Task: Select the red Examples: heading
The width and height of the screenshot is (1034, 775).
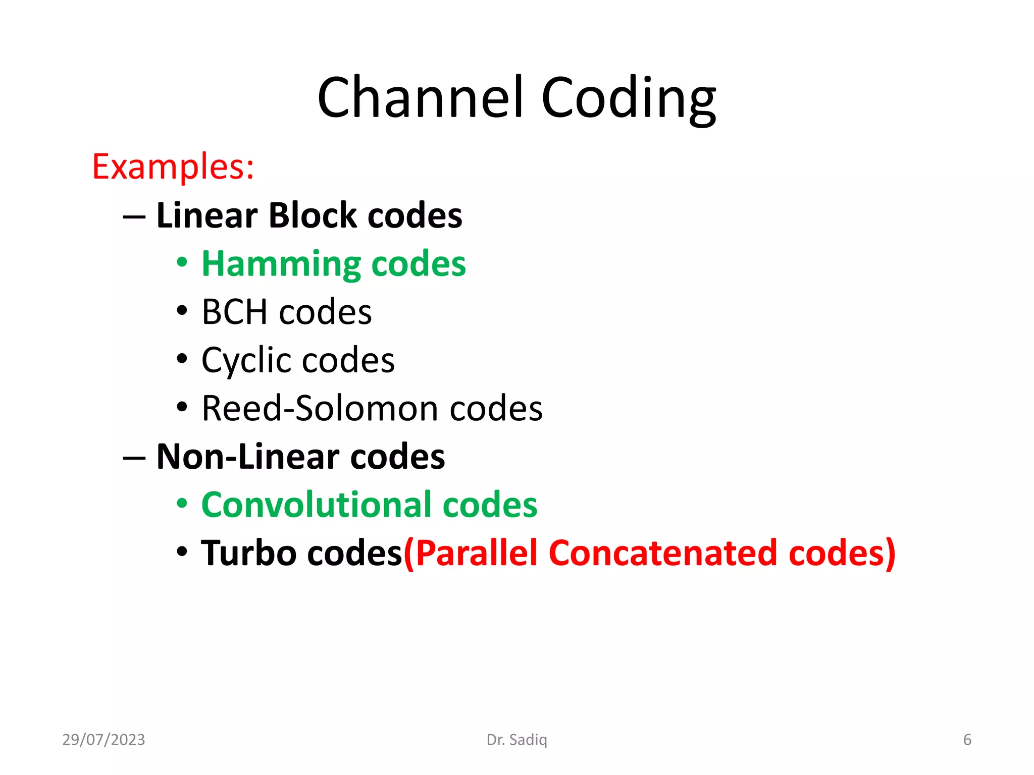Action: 173,167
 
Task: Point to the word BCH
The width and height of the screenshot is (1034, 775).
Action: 235,312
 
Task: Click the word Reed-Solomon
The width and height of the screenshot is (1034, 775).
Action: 320,408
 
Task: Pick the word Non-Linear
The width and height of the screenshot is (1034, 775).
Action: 248,457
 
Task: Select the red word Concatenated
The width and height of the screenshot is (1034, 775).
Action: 662,553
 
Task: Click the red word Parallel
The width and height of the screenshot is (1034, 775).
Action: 477,553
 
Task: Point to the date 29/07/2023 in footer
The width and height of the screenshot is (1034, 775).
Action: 104,740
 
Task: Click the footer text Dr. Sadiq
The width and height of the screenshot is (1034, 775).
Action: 516,740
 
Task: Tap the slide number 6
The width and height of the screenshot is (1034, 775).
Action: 967,740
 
